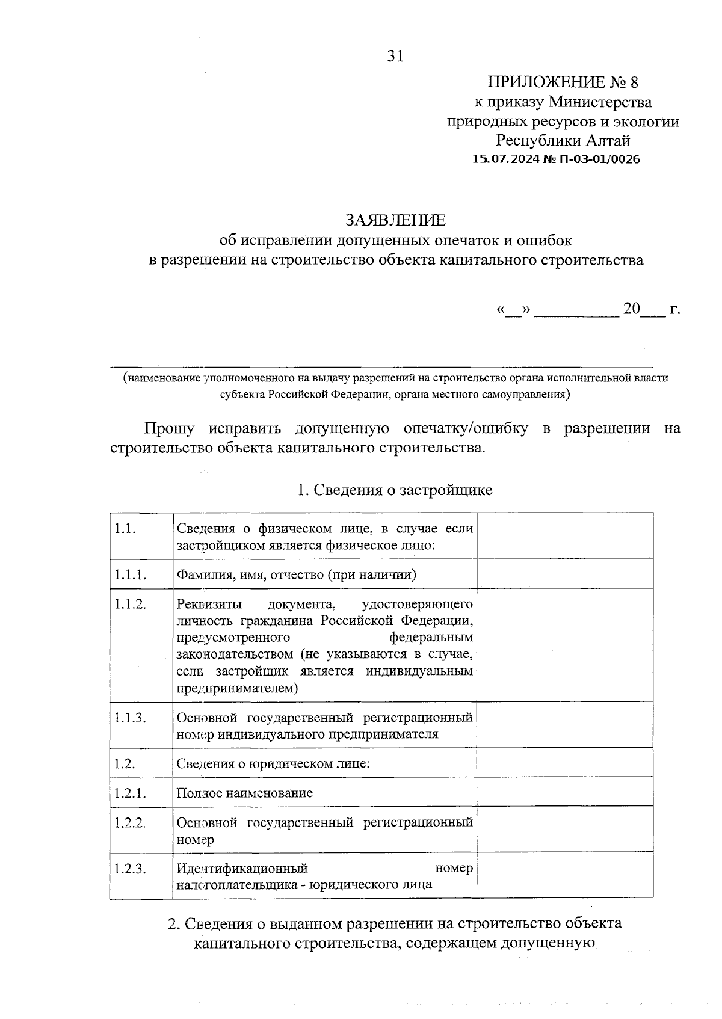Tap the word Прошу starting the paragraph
pos(169,428)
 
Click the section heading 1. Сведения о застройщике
pos(395,490)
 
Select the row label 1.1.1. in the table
pos(131,574)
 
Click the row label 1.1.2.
pos(131,604)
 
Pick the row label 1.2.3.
pos(131,869)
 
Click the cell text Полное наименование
pos(244,792)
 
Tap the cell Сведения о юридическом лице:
pos(273,763)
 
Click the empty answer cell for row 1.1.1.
pos(564,574)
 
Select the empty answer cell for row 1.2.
pos(564,763)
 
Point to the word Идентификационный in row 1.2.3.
pos(242,868)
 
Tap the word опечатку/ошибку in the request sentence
pos(466,428)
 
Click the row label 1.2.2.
pos(131,822)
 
